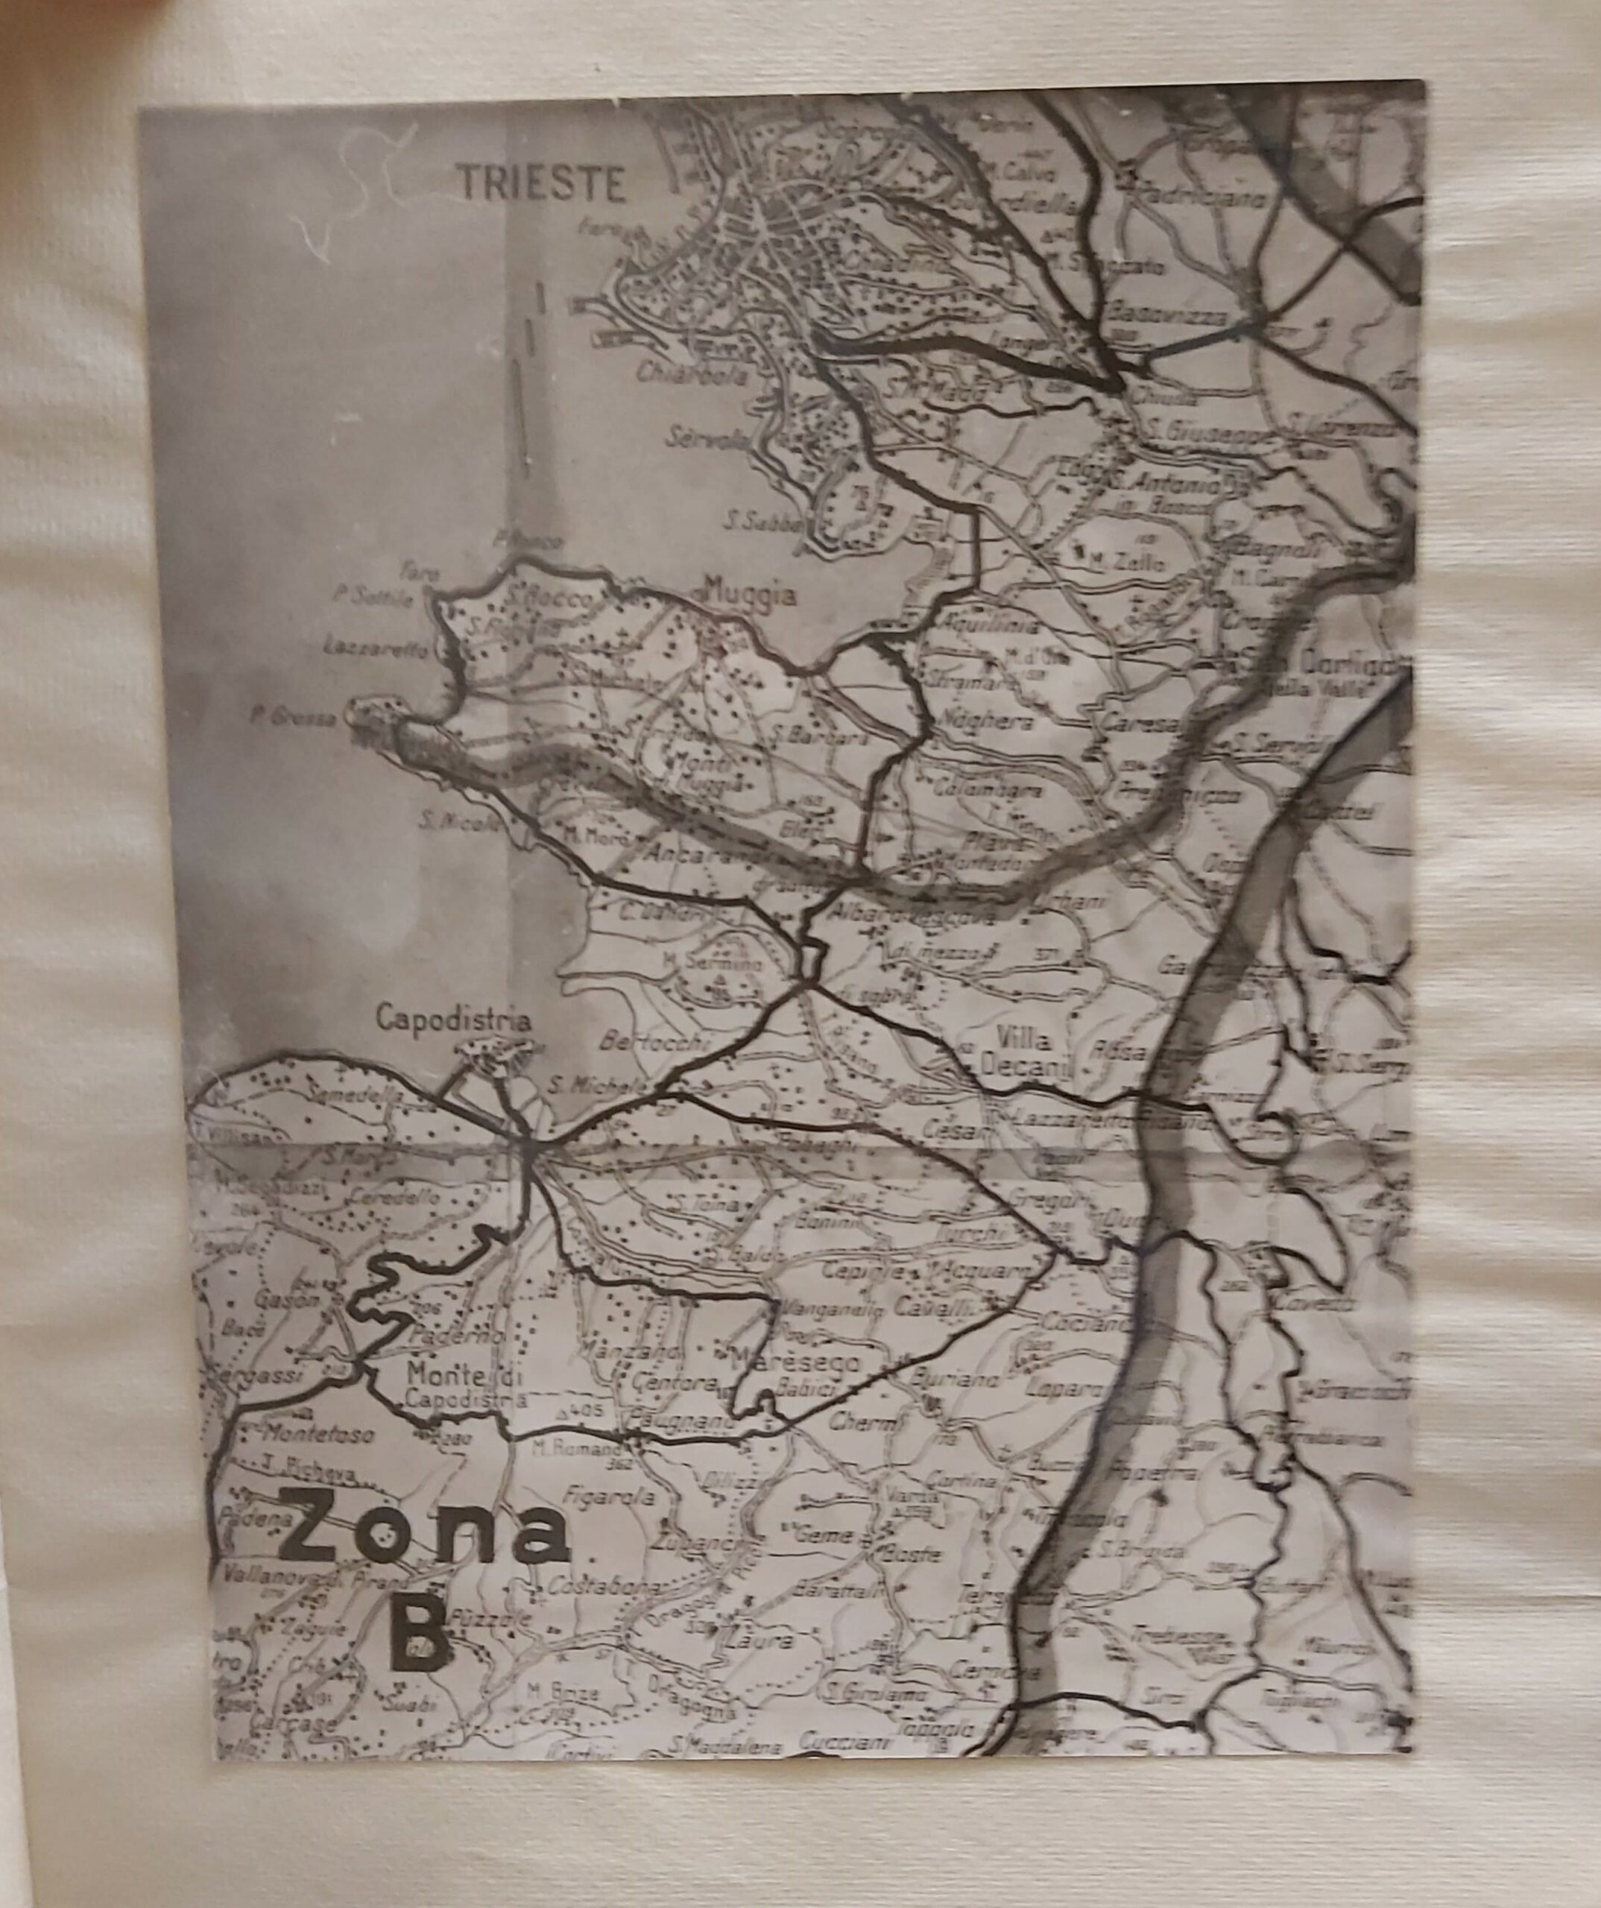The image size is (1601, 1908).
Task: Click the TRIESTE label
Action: (543, 183)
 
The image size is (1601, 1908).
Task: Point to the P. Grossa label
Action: (293, 716)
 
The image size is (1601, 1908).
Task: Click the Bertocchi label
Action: (652, 1041)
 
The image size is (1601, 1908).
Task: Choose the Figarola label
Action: (609, 1496)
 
